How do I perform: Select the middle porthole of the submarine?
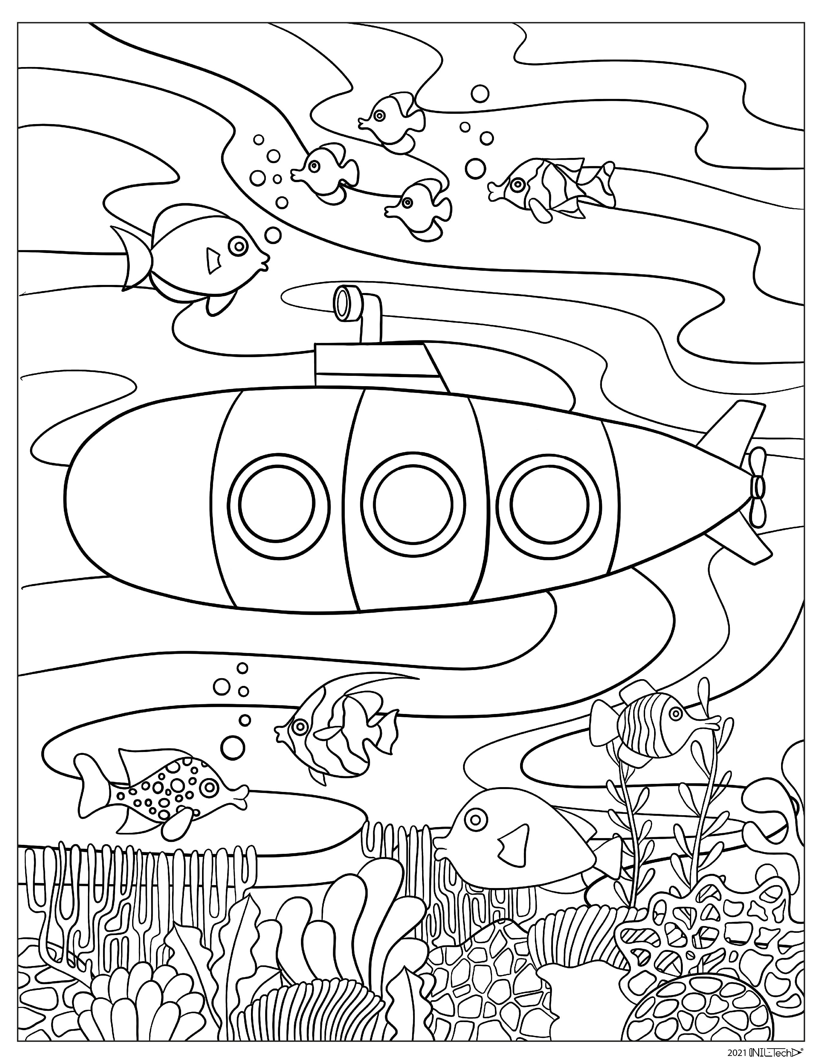click(x=413, y=504)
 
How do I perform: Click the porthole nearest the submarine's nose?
click(x=278, y=504)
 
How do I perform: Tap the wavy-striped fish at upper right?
click(x=550, y=188)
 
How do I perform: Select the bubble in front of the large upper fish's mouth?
click(x=273, y=235)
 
